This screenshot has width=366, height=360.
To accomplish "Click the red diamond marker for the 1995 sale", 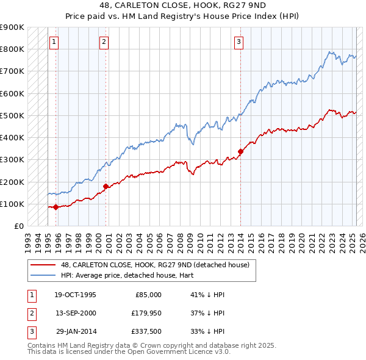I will pyautogui.click(x=56, y=207).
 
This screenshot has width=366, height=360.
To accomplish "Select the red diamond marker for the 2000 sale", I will pyautogui.click(x=106, y=186).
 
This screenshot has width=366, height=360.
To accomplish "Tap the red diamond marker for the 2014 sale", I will pyautogui.click(x=240, y=151).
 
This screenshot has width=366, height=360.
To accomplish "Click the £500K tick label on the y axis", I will pyautogui.click(x=12, y=115).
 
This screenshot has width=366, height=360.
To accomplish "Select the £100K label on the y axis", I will pyautogui.click(x=12, y=204).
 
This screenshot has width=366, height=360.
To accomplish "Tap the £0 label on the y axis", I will pyautogui.click(x=18, y=226).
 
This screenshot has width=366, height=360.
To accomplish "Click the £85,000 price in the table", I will pyautogui.click(x=148, y=295).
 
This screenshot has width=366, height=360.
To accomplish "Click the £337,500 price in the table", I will pyautogui.click(x=146, y=331).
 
